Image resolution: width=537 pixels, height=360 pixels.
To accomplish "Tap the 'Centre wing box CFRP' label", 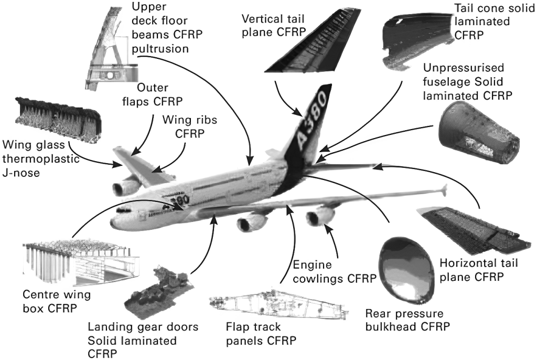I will coord(56,300).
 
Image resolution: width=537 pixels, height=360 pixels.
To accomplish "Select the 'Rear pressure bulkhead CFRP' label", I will coord(407,321).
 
